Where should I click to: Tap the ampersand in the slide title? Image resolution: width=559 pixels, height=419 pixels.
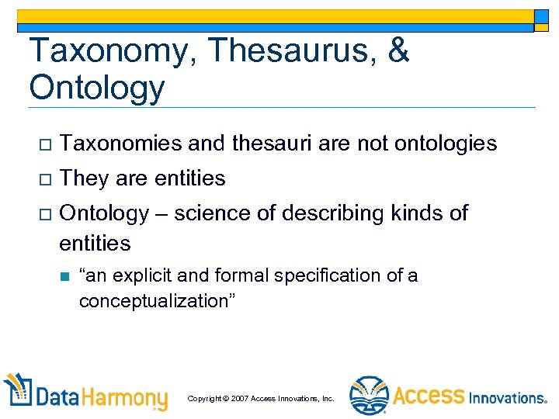[396, 50]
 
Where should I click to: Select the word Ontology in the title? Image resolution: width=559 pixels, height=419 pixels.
[96, 87]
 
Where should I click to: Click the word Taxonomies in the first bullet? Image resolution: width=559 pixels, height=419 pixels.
[120, 144]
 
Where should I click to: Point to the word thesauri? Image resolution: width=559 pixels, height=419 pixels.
[268, 144]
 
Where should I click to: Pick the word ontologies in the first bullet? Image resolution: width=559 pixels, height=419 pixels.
[446, 144]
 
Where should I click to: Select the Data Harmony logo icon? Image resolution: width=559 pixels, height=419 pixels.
[19, 391]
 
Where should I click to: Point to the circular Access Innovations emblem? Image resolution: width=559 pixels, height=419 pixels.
[368, 395]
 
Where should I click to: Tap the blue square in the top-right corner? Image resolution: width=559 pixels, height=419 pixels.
[541, 17]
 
